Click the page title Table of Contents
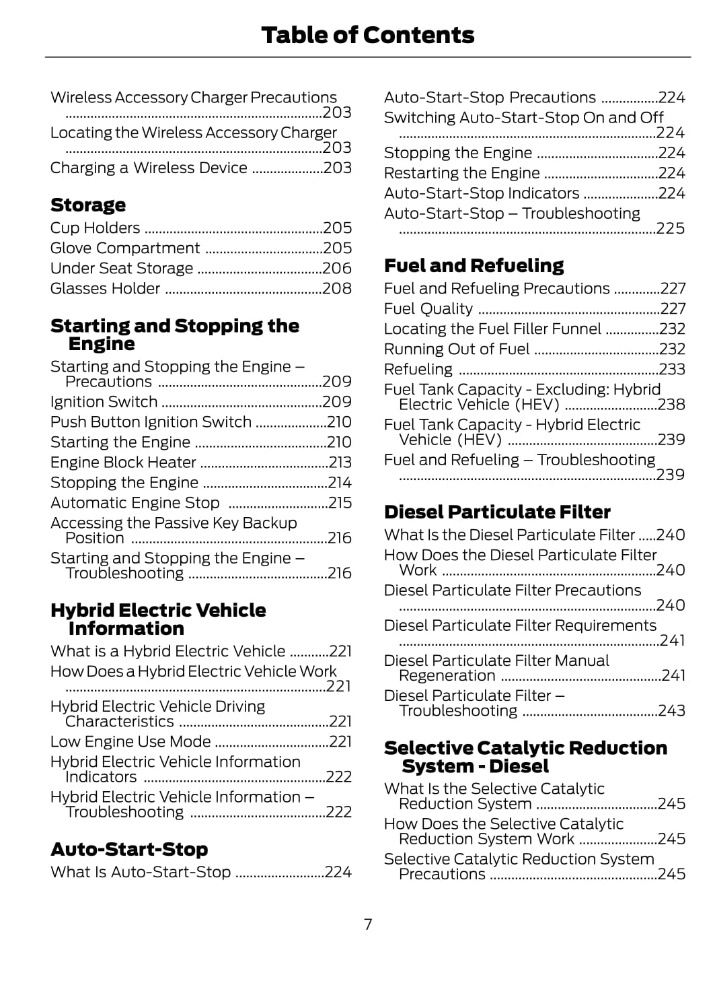[367, 35]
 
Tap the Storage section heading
[88, 205]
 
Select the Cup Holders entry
[96, 228]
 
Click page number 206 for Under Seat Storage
[337, 269]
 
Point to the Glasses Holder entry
[106, 289]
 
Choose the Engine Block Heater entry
[123, 463]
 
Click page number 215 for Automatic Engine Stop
[340, 503]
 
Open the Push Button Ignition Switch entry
[151, 422]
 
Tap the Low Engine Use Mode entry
[130, 742]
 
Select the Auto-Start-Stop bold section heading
[129, 849]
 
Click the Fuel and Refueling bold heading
[474, 265]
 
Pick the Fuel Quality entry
[428, 309]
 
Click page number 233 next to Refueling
[672, 370]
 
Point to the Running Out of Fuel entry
[457, 349]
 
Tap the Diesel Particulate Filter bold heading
[497, 512]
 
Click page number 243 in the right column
[672, 711]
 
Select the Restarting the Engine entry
[462, 173]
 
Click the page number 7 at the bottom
[368, 924]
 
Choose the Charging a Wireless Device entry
[149, 168]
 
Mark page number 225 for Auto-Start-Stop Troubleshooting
[671, 229]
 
